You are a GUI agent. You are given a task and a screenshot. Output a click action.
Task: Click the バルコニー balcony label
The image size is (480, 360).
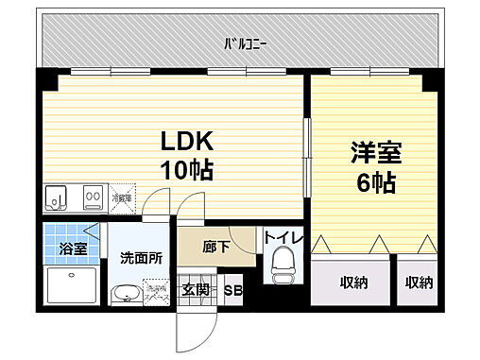coord(244,43)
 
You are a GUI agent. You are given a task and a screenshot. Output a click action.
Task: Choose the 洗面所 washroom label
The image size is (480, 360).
coord(140,255)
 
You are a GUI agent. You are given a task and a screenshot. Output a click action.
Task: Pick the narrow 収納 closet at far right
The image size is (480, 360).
coord(420,283)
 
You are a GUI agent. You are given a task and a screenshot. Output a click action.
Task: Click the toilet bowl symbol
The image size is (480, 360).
coord(283,266)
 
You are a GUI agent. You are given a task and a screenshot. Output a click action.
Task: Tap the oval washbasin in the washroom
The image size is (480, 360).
coord(125,296)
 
